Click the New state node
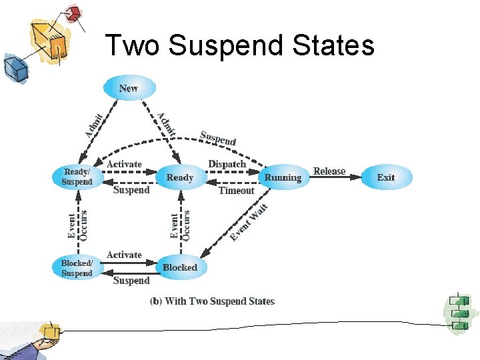(x=129, y=88)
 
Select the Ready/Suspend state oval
(x=77, y=177)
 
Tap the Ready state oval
(x=179, y=177)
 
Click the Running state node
(x=283, y=177)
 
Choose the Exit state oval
(x=385, y=177)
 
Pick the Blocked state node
(x=180, y=267)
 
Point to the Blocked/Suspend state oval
(x=77, y=268)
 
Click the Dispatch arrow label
(x=227, y=164)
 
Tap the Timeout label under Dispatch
(x=236, y=191)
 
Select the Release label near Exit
(x=329, y=171)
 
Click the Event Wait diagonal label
(x=249, y=223)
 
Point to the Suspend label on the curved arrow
(x=218, y=138)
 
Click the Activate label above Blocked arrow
(x=124, y=255)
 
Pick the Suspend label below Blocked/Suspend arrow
(x=131, y=281)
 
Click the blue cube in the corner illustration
(x=13, y=67)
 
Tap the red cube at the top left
(x=73, y=13)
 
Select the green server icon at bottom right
(x=459, y=313)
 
